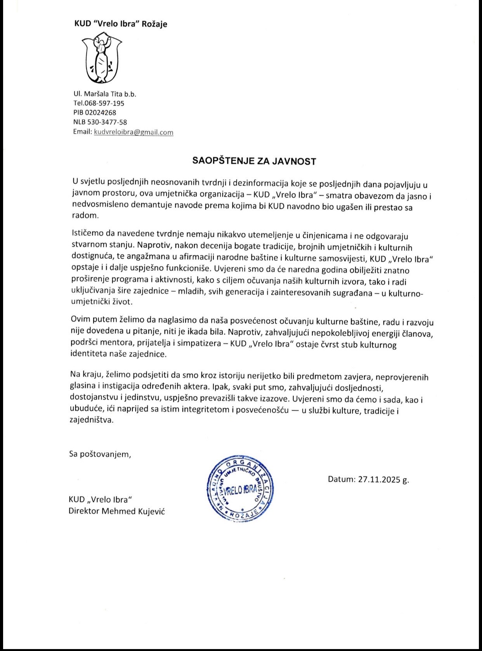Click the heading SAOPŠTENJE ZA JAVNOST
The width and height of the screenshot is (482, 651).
click(x=254, y=161)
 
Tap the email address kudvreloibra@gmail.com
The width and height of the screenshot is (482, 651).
click(x=134, y=132)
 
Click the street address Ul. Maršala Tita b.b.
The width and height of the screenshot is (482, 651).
click(x=105, y=94)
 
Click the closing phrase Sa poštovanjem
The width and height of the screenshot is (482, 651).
click(x=100, y=454)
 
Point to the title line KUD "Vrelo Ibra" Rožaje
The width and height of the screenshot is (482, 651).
click(x=121, y=24)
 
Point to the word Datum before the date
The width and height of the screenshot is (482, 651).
click(x=341, y=479)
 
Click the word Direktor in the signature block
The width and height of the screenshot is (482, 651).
click(x=84, y=511)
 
